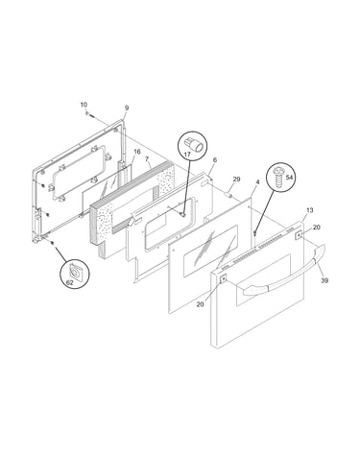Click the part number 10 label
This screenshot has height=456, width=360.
point(84,105)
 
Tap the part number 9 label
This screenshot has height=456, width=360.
point(127,108)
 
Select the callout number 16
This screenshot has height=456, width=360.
point(136,152)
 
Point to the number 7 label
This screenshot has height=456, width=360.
point(147,158)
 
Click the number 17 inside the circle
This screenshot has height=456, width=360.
point(187,155)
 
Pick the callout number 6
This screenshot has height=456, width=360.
point(215,159)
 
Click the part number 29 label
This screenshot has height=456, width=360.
point(236,180)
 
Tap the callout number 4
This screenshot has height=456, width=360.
point(257,182)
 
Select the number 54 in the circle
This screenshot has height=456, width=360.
point(289,178)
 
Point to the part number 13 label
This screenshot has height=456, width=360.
point(310,210)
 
